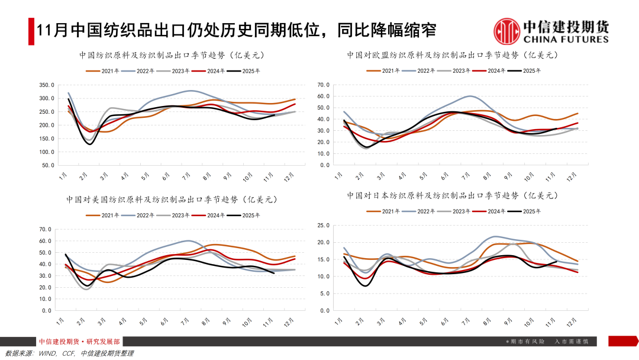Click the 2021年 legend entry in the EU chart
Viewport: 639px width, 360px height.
click(391, 70)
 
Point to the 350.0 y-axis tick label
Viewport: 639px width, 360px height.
click(46, 85)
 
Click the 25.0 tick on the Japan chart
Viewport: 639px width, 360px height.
click(323, 226)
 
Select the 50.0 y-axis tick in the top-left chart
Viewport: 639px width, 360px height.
click(48, 165)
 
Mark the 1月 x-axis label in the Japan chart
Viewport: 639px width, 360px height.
click(338, 321)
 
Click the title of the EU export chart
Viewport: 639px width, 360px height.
click(453, 55)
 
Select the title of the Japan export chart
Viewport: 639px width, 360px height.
click(453, 195)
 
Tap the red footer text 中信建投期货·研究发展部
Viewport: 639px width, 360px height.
click(79, 342)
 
